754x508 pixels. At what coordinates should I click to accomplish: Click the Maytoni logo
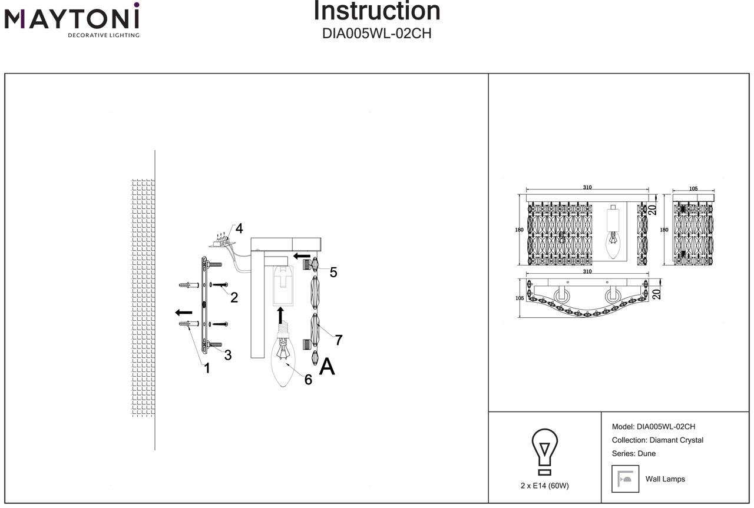[72, 20]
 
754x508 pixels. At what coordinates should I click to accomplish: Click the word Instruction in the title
[377, 11]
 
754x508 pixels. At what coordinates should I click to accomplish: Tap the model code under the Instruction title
[377, 34]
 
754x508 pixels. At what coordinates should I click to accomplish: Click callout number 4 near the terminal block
[239, 228]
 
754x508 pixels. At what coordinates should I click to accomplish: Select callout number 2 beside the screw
[234, 297]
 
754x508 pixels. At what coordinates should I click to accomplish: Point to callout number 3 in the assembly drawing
[227, 355]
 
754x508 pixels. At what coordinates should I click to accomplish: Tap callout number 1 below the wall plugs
[207, 368]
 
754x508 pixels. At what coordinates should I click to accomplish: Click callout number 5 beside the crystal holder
[333, 272]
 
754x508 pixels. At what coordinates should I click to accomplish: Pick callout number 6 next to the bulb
[308, 380]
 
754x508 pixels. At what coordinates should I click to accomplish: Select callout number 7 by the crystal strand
[339, 340]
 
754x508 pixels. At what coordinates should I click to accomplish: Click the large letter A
[327, 367]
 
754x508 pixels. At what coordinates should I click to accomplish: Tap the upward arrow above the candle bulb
[280, 315]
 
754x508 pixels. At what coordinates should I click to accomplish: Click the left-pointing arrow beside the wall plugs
[184, 312]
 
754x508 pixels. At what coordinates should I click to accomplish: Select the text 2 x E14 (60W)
[545, 486]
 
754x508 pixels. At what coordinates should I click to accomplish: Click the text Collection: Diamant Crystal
[657, 440]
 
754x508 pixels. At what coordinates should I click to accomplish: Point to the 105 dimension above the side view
[693, 189]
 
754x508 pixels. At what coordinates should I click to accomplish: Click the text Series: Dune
[634, 454]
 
